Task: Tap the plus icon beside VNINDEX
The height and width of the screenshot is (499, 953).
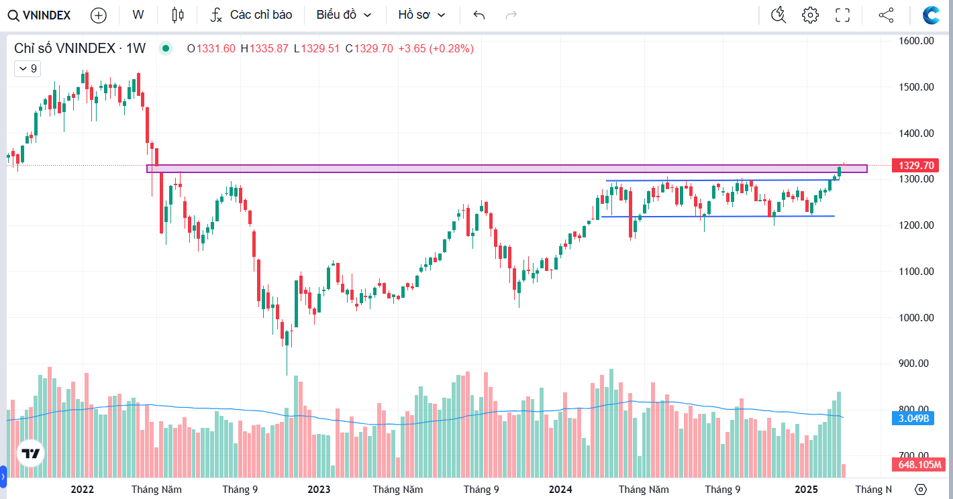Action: coord(98,15)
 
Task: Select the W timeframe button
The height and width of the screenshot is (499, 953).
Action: coord(138,15)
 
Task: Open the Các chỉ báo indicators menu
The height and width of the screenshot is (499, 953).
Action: coord(252,15)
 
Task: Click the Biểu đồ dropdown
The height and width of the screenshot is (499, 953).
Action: coord(344,15)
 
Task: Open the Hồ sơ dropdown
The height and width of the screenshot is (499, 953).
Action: coord(421,15)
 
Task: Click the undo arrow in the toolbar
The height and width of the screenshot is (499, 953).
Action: coord(479,15)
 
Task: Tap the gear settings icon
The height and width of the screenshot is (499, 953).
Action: coord(810,15)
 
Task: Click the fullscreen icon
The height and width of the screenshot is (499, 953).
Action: coord(842,15)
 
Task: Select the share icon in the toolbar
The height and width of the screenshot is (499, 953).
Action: coord(886,15)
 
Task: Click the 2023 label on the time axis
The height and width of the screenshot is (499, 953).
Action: coord(319,490)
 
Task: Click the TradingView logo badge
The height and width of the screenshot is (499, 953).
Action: coord(31,454)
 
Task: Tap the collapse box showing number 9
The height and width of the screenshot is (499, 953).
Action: coord(28,68)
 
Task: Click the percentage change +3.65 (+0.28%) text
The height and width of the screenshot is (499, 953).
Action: coord(436,48)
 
